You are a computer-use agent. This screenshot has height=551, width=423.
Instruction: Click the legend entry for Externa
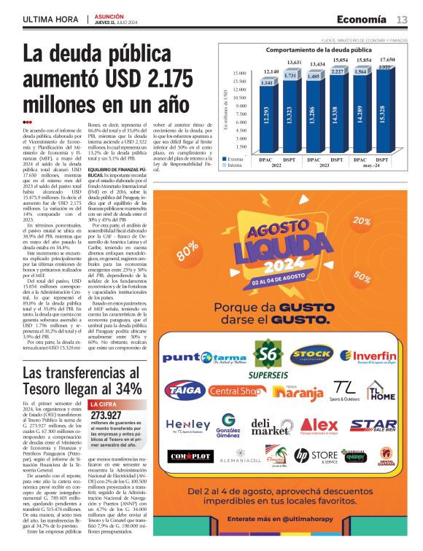tap(234, 157)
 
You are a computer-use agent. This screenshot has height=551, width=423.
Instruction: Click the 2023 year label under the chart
tap(326, 165)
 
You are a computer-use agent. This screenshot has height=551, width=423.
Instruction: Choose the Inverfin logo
tap(368, 356)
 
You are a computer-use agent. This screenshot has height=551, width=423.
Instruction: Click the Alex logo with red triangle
tap(319, 426)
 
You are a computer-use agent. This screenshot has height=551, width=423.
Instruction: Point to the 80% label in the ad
tap(187, 247)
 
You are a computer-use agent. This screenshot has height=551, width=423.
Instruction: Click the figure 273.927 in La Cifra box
tap(106, 415)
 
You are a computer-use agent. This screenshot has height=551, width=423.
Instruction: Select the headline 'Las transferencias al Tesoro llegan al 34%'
tap(81, 381)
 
